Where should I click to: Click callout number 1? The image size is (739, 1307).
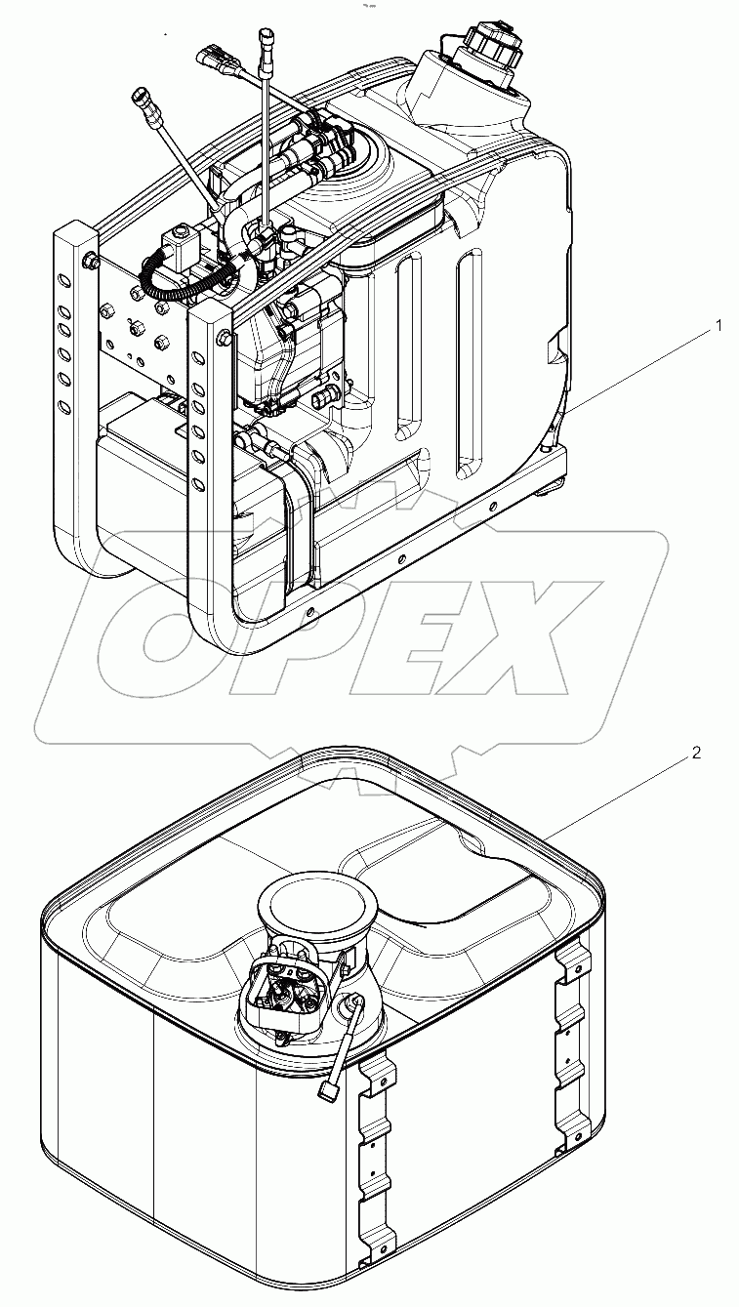(x=719, y=326)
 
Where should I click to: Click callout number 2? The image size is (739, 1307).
(x=696, y=753)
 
